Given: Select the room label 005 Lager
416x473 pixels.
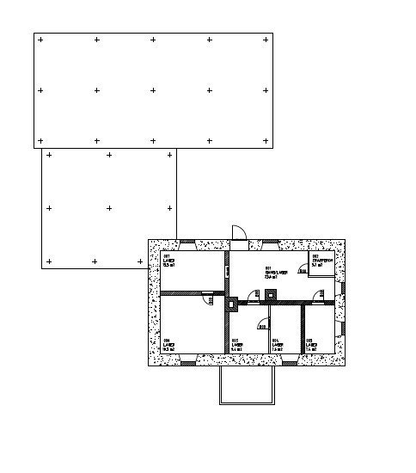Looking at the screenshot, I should pyautogui.click(x=237, y=345).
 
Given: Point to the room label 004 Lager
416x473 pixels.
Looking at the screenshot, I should pyautogui.click(x=277, y=345).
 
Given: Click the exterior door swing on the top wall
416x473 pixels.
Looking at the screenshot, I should pyautogui.click(x=239, y=232).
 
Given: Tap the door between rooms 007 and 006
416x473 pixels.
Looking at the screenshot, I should pyautogui.click(x=207, y=298).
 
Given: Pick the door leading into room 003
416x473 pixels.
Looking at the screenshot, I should pyautogui.click(x=320, y=297).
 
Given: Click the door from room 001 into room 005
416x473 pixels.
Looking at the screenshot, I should pyautogui.click(x=254, y=297).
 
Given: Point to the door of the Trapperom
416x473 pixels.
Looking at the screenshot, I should pyautogui.click(x=303, y=271).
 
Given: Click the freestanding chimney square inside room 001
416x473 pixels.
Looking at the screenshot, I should pyautogui.click(x=272, y=294).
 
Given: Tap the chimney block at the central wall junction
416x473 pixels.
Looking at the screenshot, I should pyautogui.click(x=232, y=303).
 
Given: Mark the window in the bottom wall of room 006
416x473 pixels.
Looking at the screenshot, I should pyautogui.click(x=186, y=362).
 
